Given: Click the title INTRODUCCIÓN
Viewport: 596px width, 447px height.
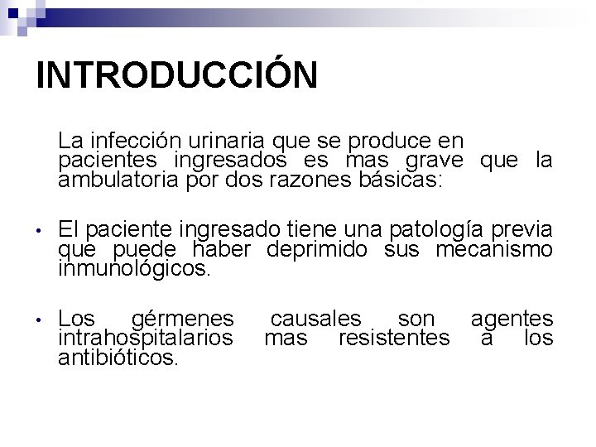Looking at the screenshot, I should (176, 74).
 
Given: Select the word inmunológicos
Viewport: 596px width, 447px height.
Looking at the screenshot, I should (135, 269).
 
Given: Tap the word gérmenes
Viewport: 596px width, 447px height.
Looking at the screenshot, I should (182, 319).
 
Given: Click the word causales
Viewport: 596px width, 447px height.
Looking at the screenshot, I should (316, 319).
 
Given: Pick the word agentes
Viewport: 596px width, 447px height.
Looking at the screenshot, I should (512, 319).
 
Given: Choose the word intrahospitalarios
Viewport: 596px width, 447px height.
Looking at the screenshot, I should (146, 339).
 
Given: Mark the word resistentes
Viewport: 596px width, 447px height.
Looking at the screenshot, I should (395, 339).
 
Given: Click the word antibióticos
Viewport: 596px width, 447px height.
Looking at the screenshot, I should (118, 358).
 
